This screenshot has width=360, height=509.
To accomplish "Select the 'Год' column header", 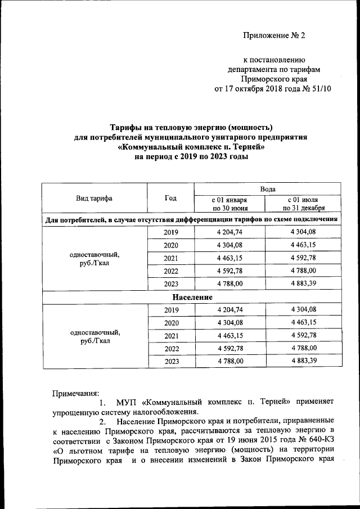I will click(x=170, y=199).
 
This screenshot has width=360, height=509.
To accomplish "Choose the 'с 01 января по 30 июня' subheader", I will click(x=229, y=204).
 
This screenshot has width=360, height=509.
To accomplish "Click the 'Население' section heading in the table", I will click(x=191, y=296).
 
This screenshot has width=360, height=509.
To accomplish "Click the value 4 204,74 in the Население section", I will click(x=229, y=309).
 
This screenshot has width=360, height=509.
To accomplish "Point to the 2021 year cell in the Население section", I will click(x=170, y=335).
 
